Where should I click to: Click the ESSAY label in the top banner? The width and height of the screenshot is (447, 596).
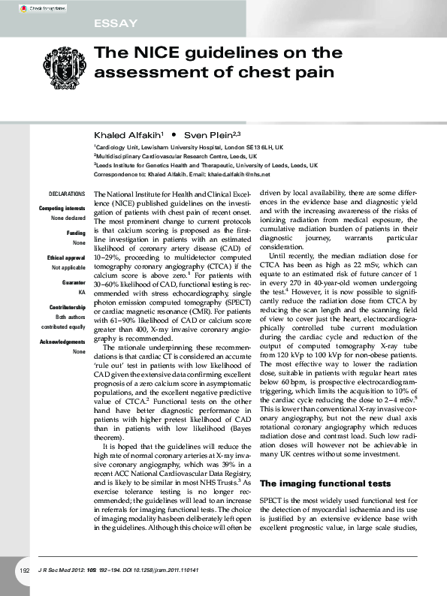(x=116, y=24)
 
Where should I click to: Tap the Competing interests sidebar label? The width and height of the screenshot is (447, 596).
(x=62, y=208)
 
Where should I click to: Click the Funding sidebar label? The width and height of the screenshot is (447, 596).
(x=75, y=233)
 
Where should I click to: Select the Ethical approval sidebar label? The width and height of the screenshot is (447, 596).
(x=65, y=257)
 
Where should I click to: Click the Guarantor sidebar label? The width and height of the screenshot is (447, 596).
(x=71, y=282)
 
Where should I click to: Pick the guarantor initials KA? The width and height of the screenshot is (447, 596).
(x=80, y=291)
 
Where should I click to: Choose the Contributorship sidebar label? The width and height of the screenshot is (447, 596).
(x=66, y=308)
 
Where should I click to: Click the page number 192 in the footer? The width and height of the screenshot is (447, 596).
(x=24, y=572)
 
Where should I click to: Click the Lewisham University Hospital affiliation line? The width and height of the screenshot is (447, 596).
(x=188, y=148)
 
